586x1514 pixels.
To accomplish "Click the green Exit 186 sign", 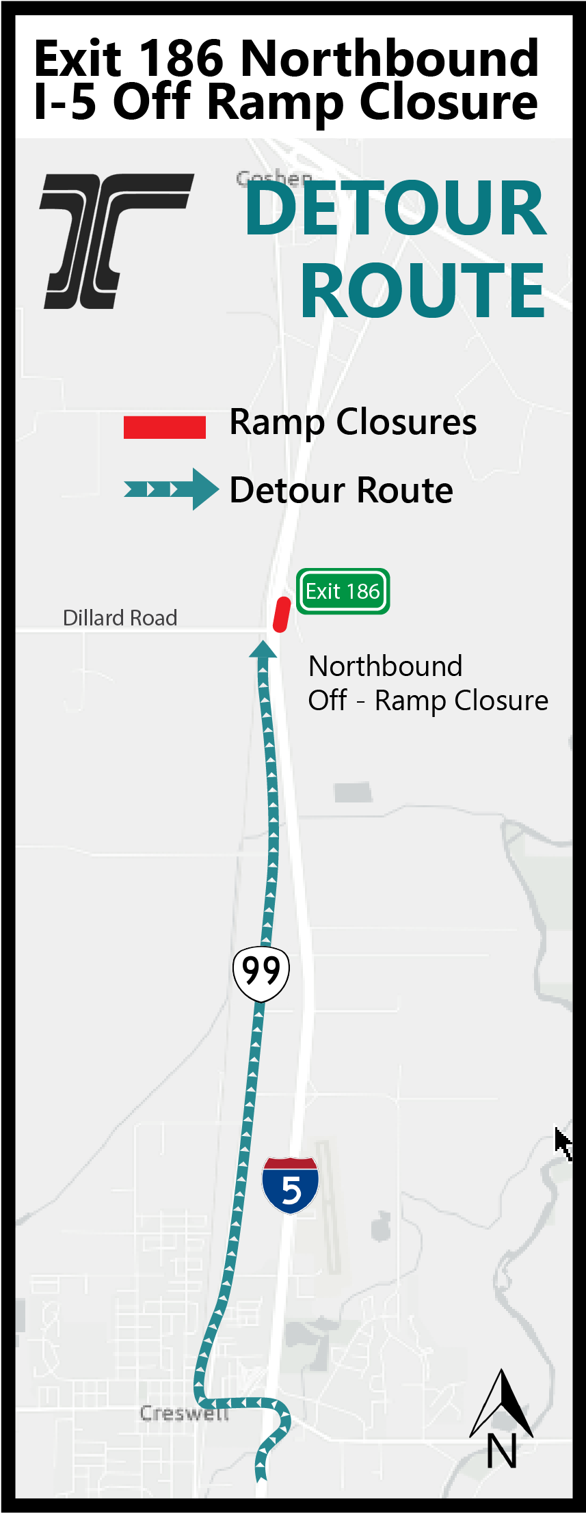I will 343,591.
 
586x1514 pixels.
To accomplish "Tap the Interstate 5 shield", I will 291,1185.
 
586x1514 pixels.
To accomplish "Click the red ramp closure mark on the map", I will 282,614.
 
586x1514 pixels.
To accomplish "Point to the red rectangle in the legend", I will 164,427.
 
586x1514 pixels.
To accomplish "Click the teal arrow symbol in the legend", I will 171,489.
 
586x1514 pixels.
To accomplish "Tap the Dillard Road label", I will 120,618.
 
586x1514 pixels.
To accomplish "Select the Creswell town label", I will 184,1413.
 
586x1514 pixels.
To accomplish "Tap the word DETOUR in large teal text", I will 396,208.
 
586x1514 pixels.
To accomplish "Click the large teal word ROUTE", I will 423,290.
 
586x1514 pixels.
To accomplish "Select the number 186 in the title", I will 181,59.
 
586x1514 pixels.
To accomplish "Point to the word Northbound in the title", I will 390,59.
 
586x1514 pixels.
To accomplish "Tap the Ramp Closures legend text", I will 353,422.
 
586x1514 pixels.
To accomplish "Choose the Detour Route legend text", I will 341,490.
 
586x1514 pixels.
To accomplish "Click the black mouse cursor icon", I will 563,1143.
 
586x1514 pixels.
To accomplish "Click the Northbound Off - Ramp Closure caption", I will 427,683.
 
